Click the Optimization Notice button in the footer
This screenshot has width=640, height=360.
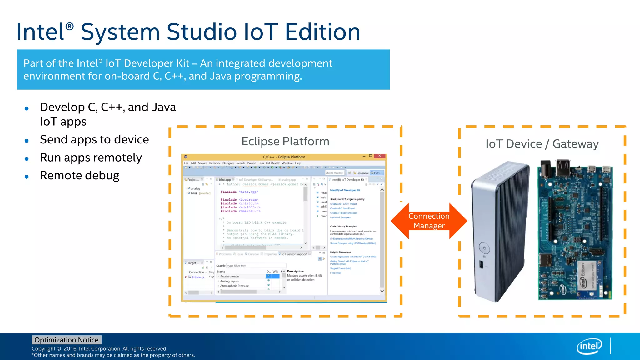[x=67, y=340]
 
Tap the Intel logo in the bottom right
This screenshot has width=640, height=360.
[x=589, y=346]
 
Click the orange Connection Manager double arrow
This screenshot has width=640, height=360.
[x=429, y=221]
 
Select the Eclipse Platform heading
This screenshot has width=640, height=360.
[x=285, y=141]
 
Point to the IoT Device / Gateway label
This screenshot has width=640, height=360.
[x=542, y=144]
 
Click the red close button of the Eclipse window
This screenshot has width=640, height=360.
[x=379, y=156]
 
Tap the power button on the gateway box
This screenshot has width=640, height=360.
[x=484, y=248]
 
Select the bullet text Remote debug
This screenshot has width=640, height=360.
[x=80, y=176]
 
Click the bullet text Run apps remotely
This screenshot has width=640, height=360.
[x=91, y=157]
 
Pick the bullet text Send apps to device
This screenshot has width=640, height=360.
[x=94, y=139]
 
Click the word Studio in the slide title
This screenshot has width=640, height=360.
[x=202, y=32]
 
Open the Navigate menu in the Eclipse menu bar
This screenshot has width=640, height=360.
[x=228, y=163]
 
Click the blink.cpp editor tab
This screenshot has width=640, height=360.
[x=225, y=180]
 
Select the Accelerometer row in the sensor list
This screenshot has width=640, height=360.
[x=230, y=277]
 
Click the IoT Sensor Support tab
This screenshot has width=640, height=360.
[x=294, y=254]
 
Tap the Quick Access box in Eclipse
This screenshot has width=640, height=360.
[x=334, y=173]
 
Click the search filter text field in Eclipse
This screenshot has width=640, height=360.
[x=255, y=266]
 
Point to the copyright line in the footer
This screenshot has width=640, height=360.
[x=99, y=349]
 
